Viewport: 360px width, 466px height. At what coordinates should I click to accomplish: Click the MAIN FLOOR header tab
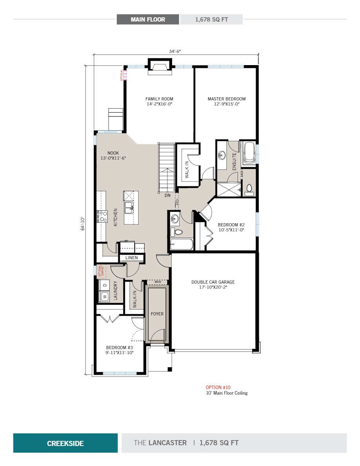(x=148, y=19)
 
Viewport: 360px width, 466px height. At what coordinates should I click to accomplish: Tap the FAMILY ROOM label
(x=159, y=99)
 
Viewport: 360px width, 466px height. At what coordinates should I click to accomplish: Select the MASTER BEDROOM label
(x=226, y=99)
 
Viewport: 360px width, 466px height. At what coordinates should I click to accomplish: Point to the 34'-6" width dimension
(x=175, y=51)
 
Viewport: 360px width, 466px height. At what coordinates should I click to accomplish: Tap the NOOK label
(x=113, y=153)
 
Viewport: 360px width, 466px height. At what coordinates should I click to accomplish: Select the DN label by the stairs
(x=167, y=195)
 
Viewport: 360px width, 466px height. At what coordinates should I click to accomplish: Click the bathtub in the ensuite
(x=249, y=153)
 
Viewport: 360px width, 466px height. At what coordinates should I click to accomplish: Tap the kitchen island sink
(x=129, y=207)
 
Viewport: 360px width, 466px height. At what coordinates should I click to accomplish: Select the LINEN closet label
(x=131, y=258)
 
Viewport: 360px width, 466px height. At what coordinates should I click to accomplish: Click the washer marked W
(x=105, y=297)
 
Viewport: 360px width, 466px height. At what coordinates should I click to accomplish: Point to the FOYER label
(x=157, y=314)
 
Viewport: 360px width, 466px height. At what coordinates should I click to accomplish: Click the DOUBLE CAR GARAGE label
(x=213, y=282)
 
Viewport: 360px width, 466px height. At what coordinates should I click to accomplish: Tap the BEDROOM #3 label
(x=120, y=348)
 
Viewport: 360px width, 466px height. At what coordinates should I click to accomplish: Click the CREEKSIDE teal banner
(x=65, y=443)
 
